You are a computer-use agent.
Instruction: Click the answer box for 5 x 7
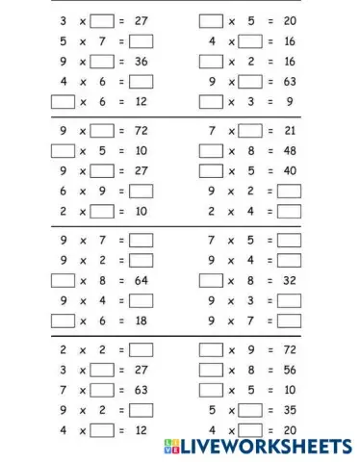141,41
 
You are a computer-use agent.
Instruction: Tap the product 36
141,62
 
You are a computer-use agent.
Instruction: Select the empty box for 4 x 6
141,82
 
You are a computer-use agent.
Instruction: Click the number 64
141,280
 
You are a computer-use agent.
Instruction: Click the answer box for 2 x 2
141,349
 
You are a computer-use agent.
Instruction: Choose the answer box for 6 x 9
141,191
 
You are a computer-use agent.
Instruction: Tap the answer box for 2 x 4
289,211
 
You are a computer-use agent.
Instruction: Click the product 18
141,321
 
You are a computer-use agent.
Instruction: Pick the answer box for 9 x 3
289,300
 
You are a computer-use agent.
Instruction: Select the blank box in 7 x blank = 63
101,390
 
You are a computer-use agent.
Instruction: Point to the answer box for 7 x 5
289,240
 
